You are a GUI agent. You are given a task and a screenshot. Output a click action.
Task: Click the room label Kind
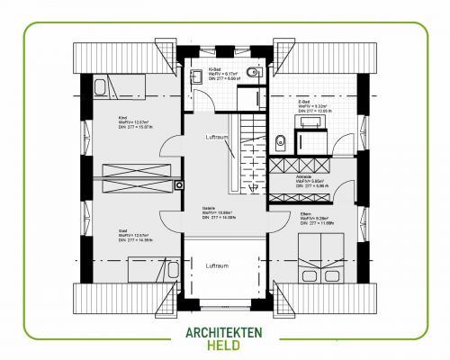click(121, 118)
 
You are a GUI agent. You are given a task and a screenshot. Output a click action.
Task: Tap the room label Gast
click(121, 230)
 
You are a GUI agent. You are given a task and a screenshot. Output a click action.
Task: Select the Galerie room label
click(209, 208)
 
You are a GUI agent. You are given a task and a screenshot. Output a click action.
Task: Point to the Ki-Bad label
click(216, 68)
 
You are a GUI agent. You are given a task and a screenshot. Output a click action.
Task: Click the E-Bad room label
click(303, 103)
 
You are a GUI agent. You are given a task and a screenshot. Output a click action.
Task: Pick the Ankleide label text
click(304, 177)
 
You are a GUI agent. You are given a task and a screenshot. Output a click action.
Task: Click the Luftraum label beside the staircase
click(217, 136)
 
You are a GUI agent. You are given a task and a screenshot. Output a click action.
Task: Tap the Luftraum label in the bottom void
click(217, 266)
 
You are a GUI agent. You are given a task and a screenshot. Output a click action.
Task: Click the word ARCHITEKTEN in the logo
click(224, 331)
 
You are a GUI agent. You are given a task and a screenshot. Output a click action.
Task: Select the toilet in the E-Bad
click(281, 139)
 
